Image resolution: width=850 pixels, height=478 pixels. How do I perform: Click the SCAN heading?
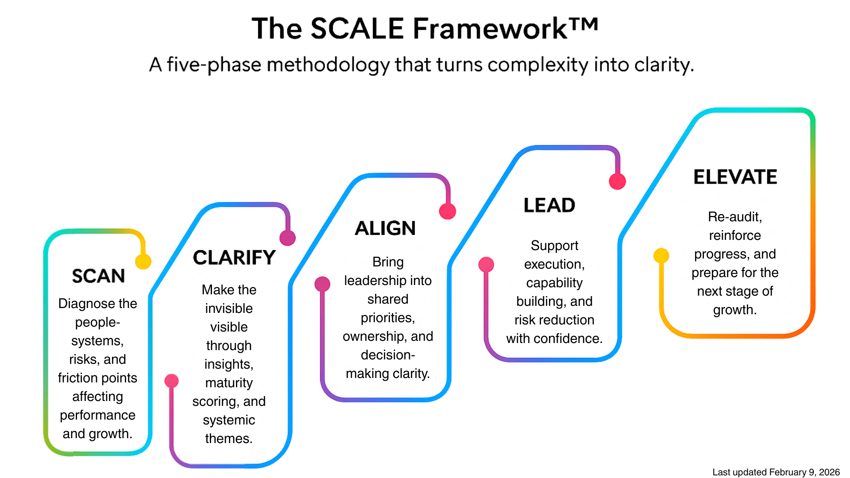click(x=98, y=276)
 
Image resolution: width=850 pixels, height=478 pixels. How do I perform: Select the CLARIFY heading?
click(x=234, y=258)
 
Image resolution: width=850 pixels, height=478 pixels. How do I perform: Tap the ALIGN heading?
click(x=385, y=228)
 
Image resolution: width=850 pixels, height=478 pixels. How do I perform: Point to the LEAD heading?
click(x=549, y=205)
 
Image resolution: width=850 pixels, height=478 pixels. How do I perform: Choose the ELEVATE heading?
click(x=735, y=177)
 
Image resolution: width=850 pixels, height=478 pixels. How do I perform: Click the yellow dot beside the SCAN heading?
click(x=143, y=261)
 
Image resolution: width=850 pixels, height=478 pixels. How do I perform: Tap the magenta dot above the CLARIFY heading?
click(x=288, y=238)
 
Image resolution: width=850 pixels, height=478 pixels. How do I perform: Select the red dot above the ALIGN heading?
click(x=447, y=211)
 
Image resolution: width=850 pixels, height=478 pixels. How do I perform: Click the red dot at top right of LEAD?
click(x=617, y=181)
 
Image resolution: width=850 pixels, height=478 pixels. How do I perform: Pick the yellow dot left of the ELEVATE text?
click(x=661, y=255)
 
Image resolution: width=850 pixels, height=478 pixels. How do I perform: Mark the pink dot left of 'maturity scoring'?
click(x=172, y=381)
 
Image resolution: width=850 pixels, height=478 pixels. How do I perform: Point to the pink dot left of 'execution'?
click(x=486, y=265)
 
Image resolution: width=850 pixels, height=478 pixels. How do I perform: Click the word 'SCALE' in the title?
click(x=357, y=29)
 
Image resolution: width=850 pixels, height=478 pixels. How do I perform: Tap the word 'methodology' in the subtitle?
click(x=328, y=65)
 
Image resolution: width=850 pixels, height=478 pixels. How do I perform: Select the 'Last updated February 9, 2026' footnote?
click(x=776, y=472)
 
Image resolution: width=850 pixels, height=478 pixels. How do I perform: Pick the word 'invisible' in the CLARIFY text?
click(x=229, y=308)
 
